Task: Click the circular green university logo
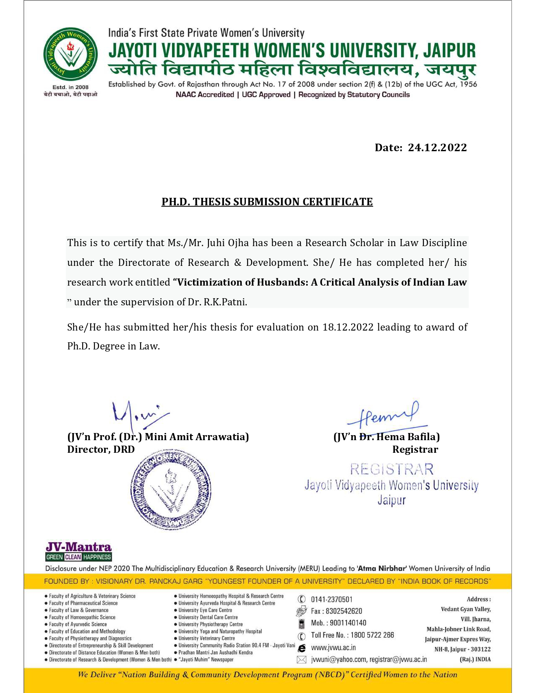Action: coord(70,54)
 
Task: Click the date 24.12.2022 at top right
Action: coord(437,147)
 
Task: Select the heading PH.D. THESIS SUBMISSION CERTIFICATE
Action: coord(267,202)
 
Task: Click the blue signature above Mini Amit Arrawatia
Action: coord(138,412)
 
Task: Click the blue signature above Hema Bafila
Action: coord(384,416)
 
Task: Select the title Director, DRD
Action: coord(101,449)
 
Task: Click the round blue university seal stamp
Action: coord(171,488)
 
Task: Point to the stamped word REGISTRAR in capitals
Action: coord(391,469)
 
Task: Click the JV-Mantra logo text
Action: coord(78,547)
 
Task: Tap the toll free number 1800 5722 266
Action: coord(373,635)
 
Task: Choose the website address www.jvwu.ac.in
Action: coord(333,648)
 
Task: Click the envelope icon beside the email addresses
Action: coord(301,660)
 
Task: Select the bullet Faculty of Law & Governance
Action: coord(78,610)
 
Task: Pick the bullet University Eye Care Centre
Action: coord(205,610)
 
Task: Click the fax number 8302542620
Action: coord(344,611)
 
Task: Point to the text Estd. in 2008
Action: coord(70,87)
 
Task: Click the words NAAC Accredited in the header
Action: coord(205,94)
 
